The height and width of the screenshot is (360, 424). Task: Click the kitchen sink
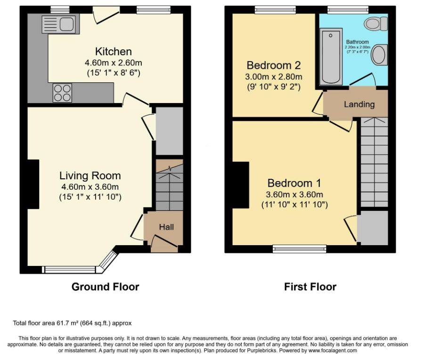pyautogui.click(x=61, y=24)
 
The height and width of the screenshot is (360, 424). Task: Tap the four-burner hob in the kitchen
pyautogui.click(x=63, y=93)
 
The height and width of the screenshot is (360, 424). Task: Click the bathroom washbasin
pyautogui.click(x=379, y=55)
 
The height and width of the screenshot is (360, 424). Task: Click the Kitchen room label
pyautogui.click(x=114, y=51)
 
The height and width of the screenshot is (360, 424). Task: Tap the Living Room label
pyautogui.click(x=90, y=176)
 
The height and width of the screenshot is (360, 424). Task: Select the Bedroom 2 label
pyautogui.click(x=274, y=65)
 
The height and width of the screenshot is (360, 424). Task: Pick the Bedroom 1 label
pyautogui.click(x=294, y=183)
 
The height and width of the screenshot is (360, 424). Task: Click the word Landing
pyautogui.click(x=359, y=104)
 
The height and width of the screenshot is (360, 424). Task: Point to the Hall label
pyautogui.click(x=166, y=227)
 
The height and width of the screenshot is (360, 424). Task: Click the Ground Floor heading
pyautogui.click(x=105, y=287)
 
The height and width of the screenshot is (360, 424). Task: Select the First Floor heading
pyautogui.click(x=310, y=287)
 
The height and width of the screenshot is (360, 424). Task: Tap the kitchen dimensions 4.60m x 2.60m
pyautogui.click(x=113, y=63)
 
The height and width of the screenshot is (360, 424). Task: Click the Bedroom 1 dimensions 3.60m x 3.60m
pyautogui.click(x=294, y=194)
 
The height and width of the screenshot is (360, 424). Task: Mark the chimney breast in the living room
pyautogui.click(x=33, y=184)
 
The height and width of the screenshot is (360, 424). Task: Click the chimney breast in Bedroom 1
pyautogui.click(x=241, y=185)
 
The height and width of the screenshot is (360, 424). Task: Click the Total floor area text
pyautogui.click(x=72, y=323)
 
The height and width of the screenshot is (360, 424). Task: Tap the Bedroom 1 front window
pyautogui.click(x=300, y=249)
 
